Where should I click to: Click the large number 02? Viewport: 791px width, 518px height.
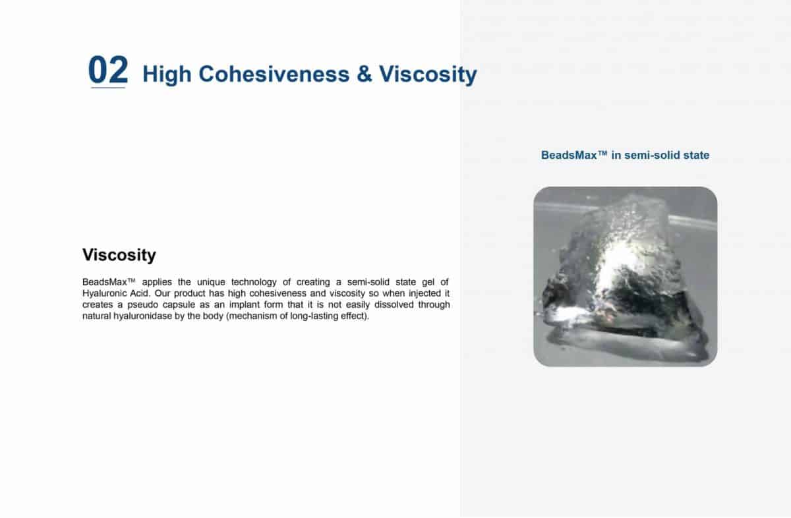coord(108,70)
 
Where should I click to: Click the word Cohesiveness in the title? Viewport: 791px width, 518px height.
coord(274,74)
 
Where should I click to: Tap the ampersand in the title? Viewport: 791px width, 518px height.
coord(364,74)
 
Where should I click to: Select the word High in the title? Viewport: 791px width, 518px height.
coord(167,75)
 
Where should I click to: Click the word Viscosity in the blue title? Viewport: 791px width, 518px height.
coord(428,75)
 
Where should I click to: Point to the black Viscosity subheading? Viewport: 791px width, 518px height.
coord(119,255)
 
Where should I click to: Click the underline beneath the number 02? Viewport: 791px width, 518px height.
coord(108,88)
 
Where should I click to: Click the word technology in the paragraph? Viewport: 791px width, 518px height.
coord(254,282)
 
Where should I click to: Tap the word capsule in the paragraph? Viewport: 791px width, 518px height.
coord(179,304)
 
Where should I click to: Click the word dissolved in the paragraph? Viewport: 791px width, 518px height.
coord(394,304)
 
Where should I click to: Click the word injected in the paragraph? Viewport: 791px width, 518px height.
coord(425,293)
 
